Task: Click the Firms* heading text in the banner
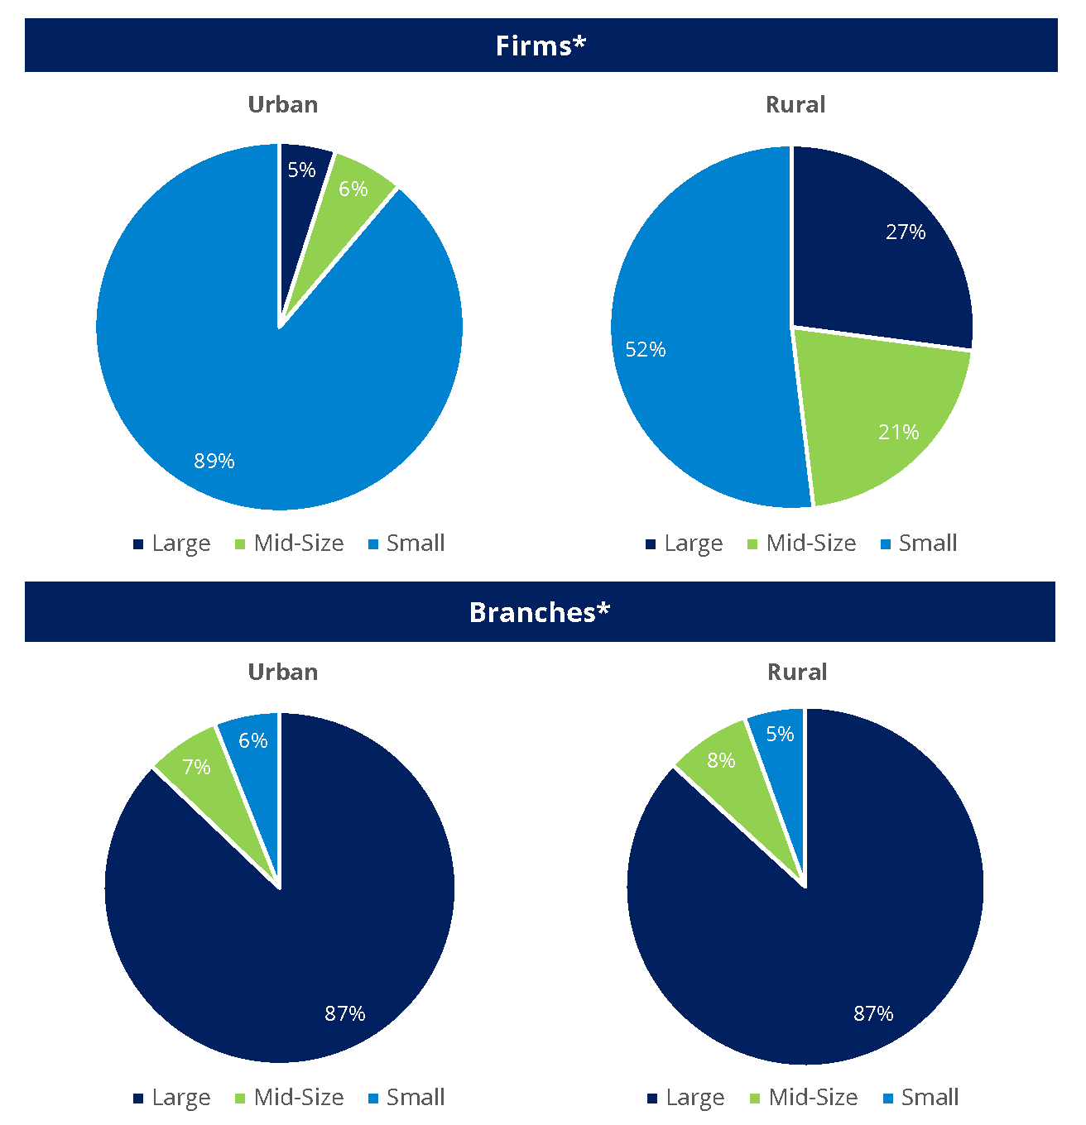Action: (x=541, y=45)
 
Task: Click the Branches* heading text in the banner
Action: (x=540, y=612)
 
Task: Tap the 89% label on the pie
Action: (x=214, y=461)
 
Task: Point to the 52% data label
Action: (x=646, y=349)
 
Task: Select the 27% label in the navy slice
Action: (x=906, y=232)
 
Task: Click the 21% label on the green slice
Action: (x=899, y=432)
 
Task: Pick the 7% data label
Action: (x=196, y=767)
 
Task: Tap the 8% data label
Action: (x=721, y=760)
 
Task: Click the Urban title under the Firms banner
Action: (x=283, y=104)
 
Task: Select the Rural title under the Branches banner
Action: (x=797, y=672)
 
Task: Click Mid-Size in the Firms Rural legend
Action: (x=810, y=543)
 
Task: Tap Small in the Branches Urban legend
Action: (x=416, y=1097)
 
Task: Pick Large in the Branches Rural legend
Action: (x=694, y=1097)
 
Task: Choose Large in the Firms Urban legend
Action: (x=181, y=543)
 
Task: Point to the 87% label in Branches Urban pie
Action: (x=345, y=1013)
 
